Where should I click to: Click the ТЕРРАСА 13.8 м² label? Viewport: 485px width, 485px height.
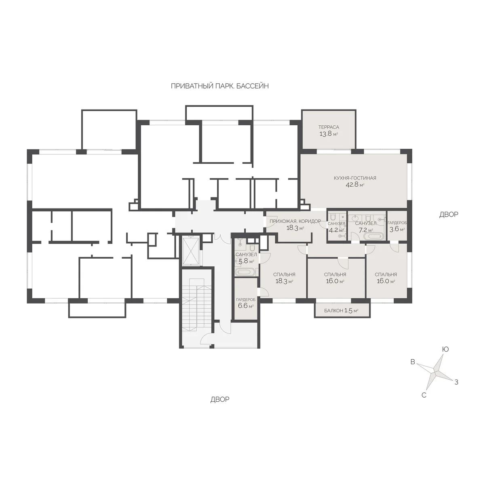tap(329, 131)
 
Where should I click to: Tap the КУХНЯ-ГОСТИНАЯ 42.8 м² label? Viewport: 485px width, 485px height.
tap(355, 181)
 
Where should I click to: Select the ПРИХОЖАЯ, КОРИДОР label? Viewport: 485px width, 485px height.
tap(295, 221)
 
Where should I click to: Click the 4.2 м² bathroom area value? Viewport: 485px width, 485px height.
tap(336, 230)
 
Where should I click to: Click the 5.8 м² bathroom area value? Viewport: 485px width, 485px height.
tap(246, 261)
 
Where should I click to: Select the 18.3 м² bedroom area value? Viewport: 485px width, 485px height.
tap(284, 281)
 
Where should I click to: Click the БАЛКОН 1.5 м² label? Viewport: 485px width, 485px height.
tap(341, 310)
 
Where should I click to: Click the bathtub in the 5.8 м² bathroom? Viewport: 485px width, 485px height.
tap(245, 272)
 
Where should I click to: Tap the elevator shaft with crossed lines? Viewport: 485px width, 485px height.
tap(191, 251)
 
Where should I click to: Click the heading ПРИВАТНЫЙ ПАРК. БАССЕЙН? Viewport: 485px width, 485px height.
tap(220, 86)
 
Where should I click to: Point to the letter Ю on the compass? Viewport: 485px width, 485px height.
tap(445, 349)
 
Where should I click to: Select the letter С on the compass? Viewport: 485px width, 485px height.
tap(424, 395)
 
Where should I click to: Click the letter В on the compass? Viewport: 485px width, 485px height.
tap(413, 362)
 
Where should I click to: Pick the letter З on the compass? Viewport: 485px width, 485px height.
tap(456, 382)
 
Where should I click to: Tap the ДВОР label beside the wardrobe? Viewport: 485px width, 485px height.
tap(449, 215)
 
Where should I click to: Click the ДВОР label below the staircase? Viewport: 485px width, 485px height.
tap(220, 399)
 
